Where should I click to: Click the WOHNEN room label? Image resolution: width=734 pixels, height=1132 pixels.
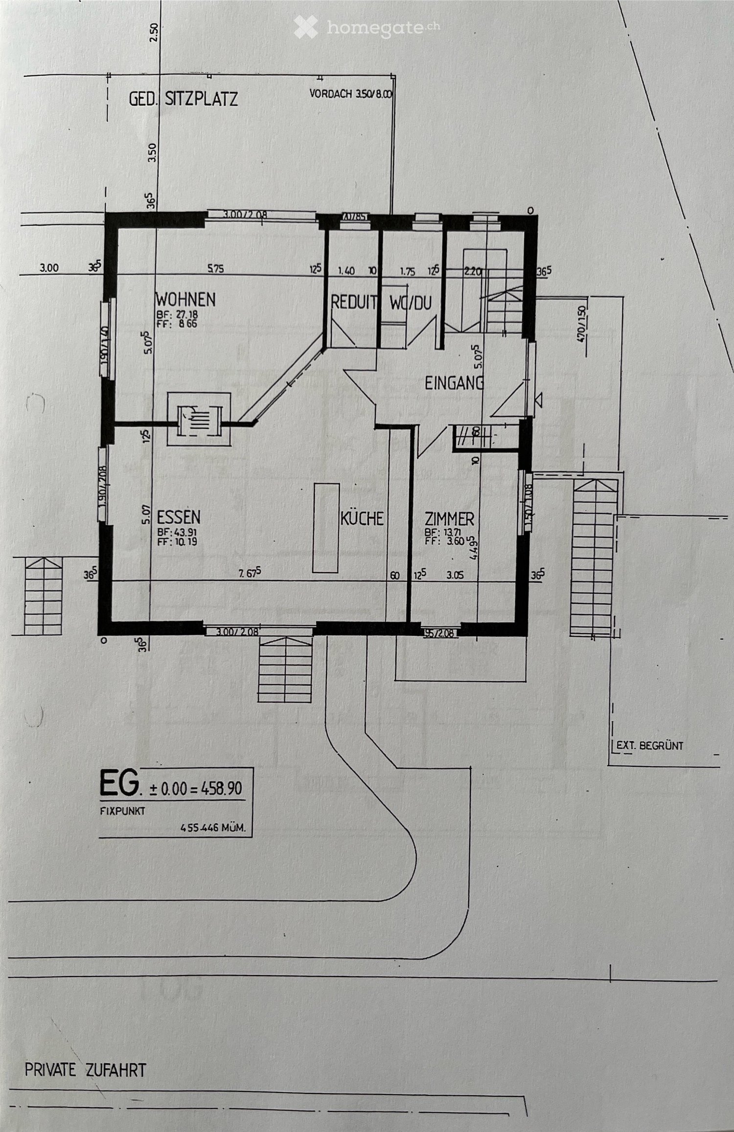185,299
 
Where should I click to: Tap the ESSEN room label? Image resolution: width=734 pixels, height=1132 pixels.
179,517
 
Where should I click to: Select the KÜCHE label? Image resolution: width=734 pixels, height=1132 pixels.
362,518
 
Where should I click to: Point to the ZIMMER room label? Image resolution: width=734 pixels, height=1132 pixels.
449,518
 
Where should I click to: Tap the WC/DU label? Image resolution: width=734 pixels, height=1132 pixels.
411,303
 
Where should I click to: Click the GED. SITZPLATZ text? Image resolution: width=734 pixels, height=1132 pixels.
183,99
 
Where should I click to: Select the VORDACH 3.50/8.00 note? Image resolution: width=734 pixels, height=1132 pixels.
351,94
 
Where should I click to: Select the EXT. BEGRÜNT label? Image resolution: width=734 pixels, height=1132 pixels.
649,746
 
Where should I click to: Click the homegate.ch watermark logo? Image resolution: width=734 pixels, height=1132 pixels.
367,28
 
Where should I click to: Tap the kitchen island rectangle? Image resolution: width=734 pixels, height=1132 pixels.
326,528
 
